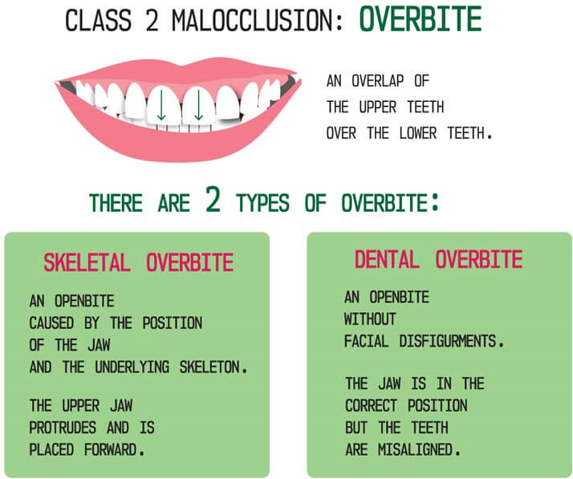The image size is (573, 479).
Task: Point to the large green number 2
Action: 213,201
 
